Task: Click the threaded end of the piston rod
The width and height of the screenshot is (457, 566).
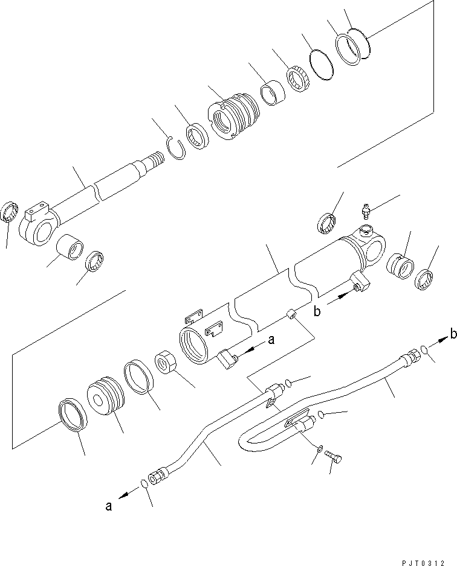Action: click(x=155, y=161)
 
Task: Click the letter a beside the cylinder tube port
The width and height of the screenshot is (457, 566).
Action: click(x=271, y=340)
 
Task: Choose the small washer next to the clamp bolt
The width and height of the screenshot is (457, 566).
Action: click(x=319, y=449)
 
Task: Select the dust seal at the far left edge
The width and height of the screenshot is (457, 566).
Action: click(x=9, y=212)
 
